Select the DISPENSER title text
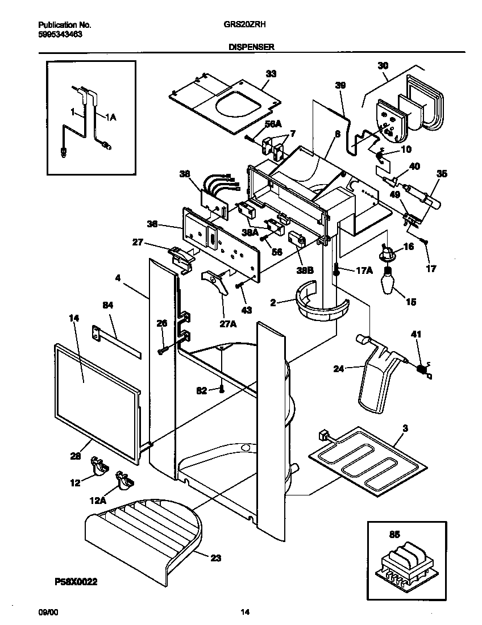[x=251, y=48]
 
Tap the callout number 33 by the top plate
[x=271, y=73]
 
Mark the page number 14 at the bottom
[x=244, y=612]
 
